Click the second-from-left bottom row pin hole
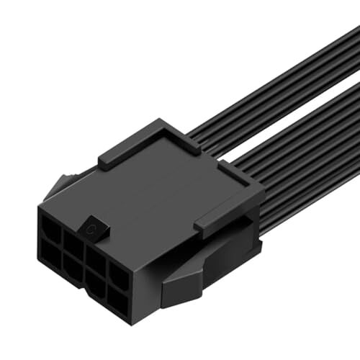click(x=74, y=267)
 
